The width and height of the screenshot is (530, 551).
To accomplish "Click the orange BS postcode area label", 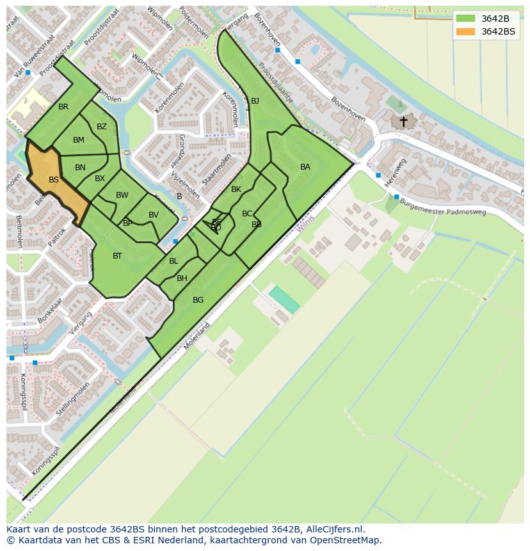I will (x=54, y=180).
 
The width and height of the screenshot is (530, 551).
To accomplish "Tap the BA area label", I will (x=305, y=167).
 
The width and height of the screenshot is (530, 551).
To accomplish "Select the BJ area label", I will (x=255, y=101).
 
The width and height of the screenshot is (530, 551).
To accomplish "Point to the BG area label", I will (x=198, y=300).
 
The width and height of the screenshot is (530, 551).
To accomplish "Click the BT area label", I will (x=117, y=256).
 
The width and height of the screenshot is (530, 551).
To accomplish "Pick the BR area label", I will (x=63, y=107).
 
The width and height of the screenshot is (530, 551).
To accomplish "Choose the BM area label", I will (x=79, y=140).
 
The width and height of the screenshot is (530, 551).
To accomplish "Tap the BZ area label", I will (x=102, y=127).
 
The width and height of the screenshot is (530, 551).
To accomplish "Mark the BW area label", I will (x=122, y=195).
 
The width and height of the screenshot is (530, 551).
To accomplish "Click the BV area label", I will (x=154, y=215).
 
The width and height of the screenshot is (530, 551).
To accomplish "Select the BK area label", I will (x=236, y=189).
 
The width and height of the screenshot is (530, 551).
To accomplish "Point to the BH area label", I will (x=182, y=278).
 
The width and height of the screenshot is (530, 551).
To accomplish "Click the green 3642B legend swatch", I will (x=465, y=19).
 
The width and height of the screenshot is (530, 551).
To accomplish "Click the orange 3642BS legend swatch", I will (x=465, y=31).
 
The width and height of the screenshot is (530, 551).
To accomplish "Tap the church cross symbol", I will (x=403, y=120).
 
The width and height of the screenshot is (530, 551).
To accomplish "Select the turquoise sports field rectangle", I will (x=284, y=299).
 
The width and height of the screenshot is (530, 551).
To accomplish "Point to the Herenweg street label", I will (x=396, y=173).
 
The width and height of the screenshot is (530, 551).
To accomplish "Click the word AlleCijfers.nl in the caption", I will (x=333, y=529).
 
